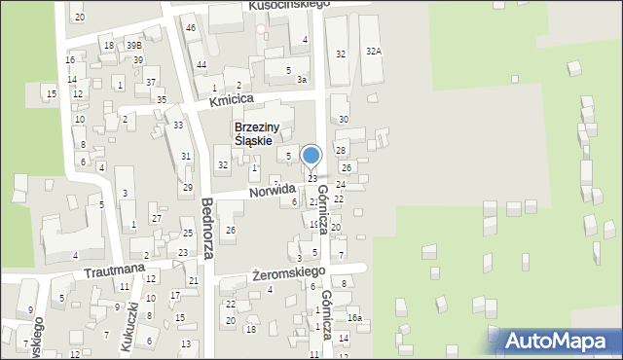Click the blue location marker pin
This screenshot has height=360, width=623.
311,156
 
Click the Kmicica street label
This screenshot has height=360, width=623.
231,99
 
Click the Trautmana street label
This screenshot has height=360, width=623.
114,268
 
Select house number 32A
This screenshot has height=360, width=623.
373,51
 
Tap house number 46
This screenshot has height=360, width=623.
191,28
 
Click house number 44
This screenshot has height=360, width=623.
201,64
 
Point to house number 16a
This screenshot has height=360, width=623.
355,318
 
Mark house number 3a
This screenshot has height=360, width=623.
303,80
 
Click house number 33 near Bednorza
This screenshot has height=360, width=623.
178,126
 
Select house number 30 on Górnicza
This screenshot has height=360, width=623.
343,119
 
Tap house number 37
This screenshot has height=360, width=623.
151,83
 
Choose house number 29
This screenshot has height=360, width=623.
187,187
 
